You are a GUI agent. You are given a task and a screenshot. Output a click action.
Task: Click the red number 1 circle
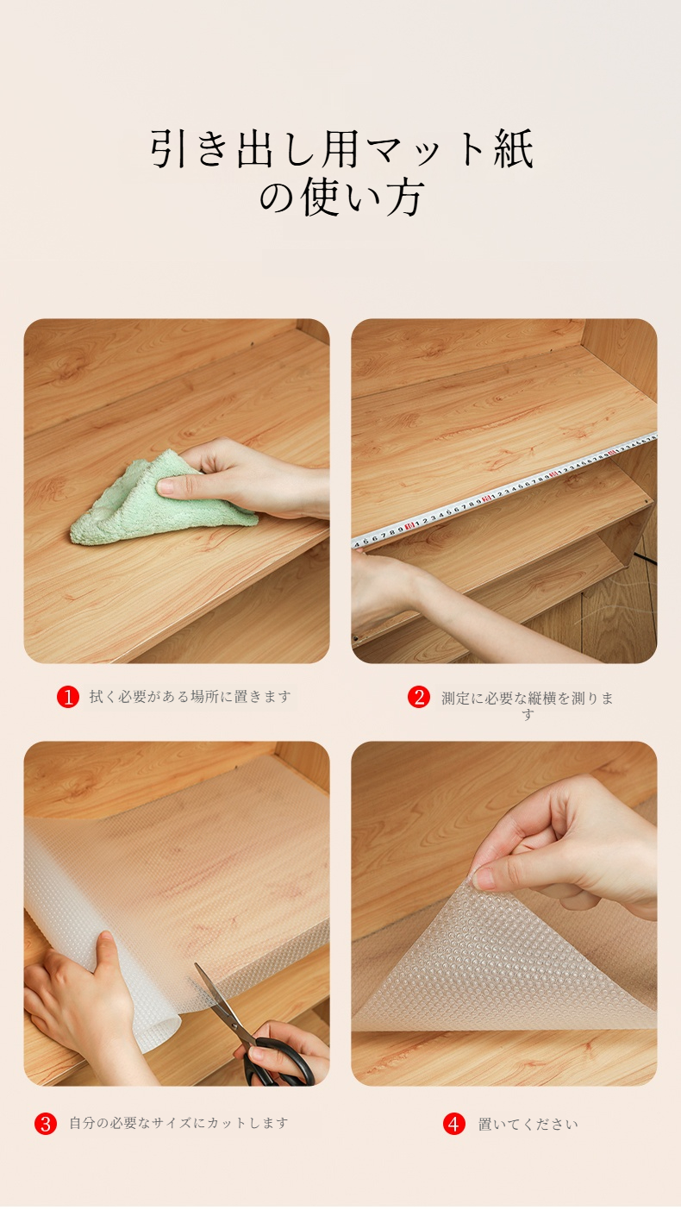[68, 696]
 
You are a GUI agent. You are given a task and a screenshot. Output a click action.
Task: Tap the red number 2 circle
[419, 697]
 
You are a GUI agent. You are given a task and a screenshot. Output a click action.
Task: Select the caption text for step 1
[191, 696]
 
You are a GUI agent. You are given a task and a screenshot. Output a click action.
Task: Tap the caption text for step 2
[528, 705]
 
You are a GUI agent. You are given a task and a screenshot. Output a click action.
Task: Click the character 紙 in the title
[513, 147]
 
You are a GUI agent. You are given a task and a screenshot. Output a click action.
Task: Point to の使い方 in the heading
[341, 197]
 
